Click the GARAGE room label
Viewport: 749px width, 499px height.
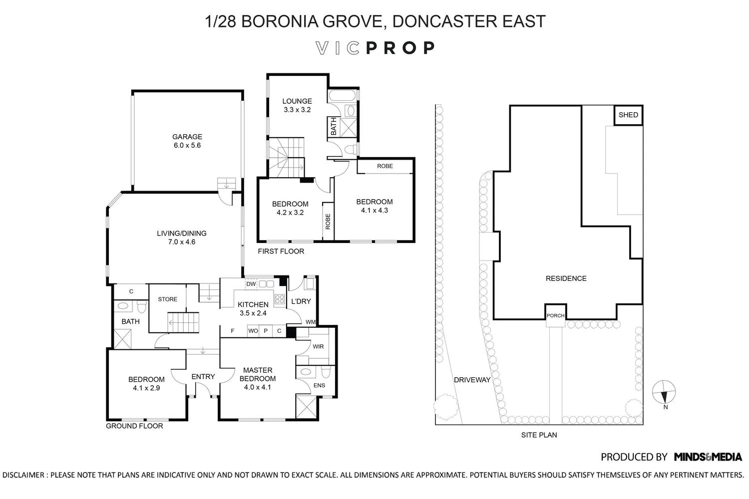[187, 137]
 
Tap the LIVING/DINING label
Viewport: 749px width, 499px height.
[182, 234]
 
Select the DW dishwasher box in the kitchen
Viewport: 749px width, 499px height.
[251, 284]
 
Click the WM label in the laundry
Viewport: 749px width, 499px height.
[311, 322]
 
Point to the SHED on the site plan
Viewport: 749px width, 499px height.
[628, 115]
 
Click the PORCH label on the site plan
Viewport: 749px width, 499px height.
[556, 315]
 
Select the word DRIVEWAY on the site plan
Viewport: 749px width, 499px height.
[472, 380]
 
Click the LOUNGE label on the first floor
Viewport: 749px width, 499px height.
[297, 101]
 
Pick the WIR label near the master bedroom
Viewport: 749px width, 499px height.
[318, 347]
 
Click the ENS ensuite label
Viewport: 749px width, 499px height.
[319, 385]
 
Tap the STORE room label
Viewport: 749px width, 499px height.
[167, 299]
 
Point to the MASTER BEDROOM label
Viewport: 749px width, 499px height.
[258, 374]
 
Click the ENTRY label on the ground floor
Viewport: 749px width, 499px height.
[203, 377]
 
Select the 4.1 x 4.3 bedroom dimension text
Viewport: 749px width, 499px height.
[374, 210]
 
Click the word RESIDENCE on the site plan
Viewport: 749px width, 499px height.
[566, 278]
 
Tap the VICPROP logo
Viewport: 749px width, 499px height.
[375, 48]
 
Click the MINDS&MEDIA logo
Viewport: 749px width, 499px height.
[708, 457]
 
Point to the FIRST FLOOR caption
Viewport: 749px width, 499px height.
[281, 251]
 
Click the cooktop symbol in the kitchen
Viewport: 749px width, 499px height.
[279, 299]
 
